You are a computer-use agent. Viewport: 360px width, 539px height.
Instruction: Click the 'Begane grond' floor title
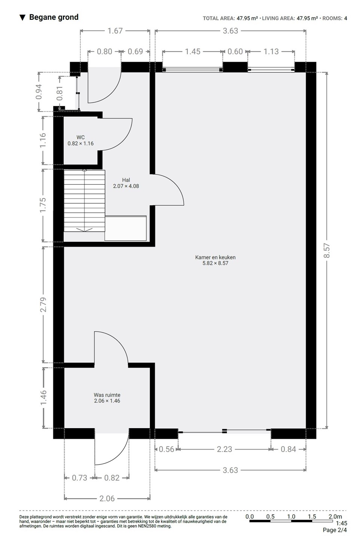pyautogui.click(x=54, y=17)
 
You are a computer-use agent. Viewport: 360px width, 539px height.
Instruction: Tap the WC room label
pyautogui.click(x=80, y=137)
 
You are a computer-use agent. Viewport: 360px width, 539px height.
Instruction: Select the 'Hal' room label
pyautogui.click(x=126, y=180)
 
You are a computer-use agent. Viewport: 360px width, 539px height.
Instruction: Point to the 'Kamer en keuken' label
pyautogui.click(x=216, y=257)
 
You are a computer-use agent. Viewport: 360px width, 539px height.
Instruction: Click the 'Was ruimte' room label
pyautogui.click(x=107, y=395)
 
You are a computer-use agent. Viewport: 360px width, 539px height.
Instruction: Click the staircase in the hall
pyautogui.click(x=85, y=201)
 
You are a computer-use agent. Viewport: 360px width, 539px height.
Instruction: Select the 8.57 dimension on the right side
pyautogui.click(x=327, y=250)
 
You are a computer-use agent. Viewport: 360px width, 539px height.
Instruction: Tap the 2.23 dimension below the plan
pyautogui.click(x=225, y=449)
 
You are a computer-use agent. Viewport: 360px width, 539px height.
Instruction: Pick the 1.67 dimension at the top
pyautogui.click(x=115, y=31)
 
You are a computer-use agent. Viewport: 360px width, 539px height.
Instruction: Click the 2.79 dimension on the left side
pyautogui.click(x=43, y=305)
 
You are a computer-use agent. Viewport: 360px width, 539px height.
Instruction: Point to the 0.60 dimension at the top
pyautogui.click(x=235, y=52)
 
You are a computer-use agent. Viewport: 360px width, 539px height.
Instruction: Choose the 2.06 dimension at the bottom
pyautogui.click(x=107, y=499)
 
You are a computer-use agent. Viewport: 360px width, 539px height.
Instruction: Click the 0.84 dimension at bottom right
pyautogui.click(x=288, y=449)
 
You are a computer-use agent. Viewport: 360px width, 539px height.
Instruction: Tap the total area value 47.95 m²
pyautogui.click(x=247, y=18)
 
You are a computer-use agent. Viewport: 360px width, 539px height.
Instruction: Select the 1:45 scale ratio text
pyautogui.click(x=341, y=523)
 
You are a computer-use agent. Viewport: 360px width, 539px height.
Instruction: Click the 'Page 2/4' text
pyautogui.click(x=335, y=530)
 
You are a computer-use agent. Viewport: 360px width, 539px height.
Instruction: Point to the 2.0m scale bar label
pyautogui.click(x=335, y=517)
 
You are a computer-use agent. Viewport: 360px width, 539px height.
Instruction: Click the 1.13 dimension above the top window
pyautogui.click(x=271, y=52)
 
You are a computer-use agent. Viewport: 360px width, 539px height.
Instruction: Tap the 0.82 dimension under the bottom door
pyautogui.click(x=112, y=478)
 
